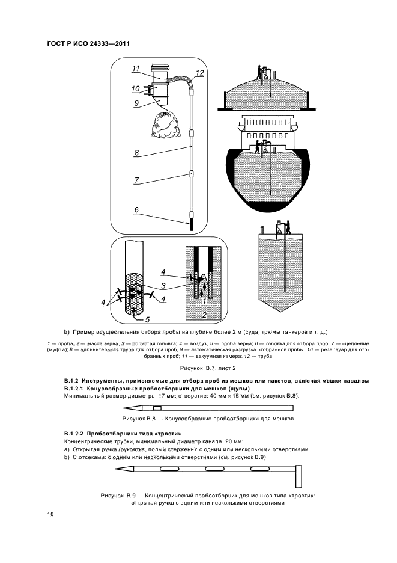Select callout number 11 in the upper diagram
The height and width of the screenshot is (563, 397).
(136, 68)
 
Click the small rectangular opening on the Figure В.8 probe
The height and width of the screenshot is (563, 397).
(157, 408)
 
